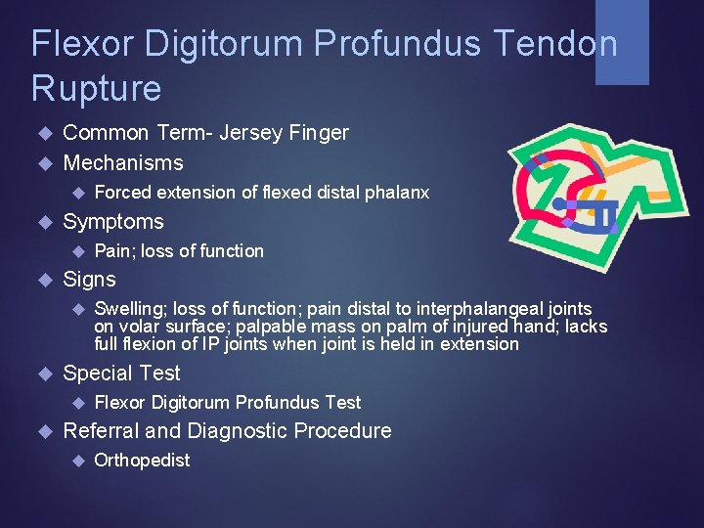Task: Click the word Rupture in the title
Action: (96, 89)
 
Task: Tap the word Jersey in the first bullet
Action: (252, 132)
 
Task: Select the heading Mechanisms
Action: (123, 162)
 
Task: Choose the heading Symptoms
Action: (113, 221)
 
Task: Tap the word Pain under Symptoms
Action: (112, 251)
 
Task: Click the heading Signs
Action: (89, 280)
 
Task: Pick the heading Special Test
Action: (121, 374)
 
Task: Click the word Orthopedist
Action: (142, 461)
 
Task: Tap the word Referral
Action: (101, 431)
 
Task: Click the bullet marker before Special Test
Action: (41, 374)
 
